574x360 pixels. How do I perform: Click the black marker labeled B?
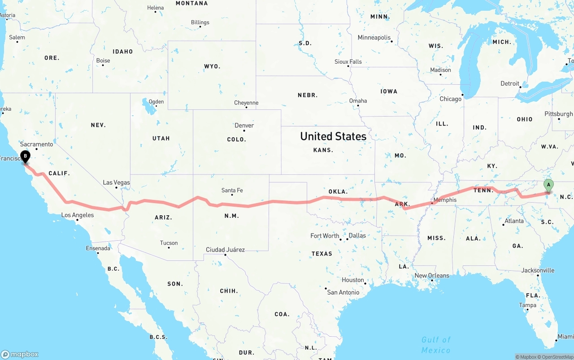(26, 157)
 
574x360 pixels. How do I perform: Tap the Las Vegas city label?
(116, 182)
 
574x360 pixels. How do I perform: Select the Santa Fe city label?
(232, 191)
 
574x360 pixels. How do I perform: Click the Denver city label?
(244, 126)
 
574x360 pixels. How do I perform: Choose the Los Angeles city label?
(78, 215)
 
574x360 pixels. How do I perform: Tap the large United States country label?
(333, 136)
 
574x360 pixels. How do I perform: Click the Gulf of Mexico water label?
(435, 345)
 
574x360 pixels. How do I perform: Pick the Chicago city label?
(450, 99)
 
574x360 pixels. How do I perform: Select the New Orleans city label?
(431, 276)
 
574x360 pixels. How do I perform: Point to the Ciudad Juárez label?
(225, 250)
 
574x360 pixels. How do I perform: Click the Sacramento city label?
(36, 144)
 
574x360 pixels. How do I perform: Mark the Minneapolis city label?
(374, 38)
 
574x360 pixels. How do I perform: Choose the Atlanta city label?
(514, 221)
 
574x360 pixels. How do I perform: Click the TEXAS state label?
(322, 254)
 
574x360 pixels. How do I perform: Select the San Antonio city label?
(343, 292)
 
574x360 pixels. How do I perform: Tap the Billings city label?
(200, 22)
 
